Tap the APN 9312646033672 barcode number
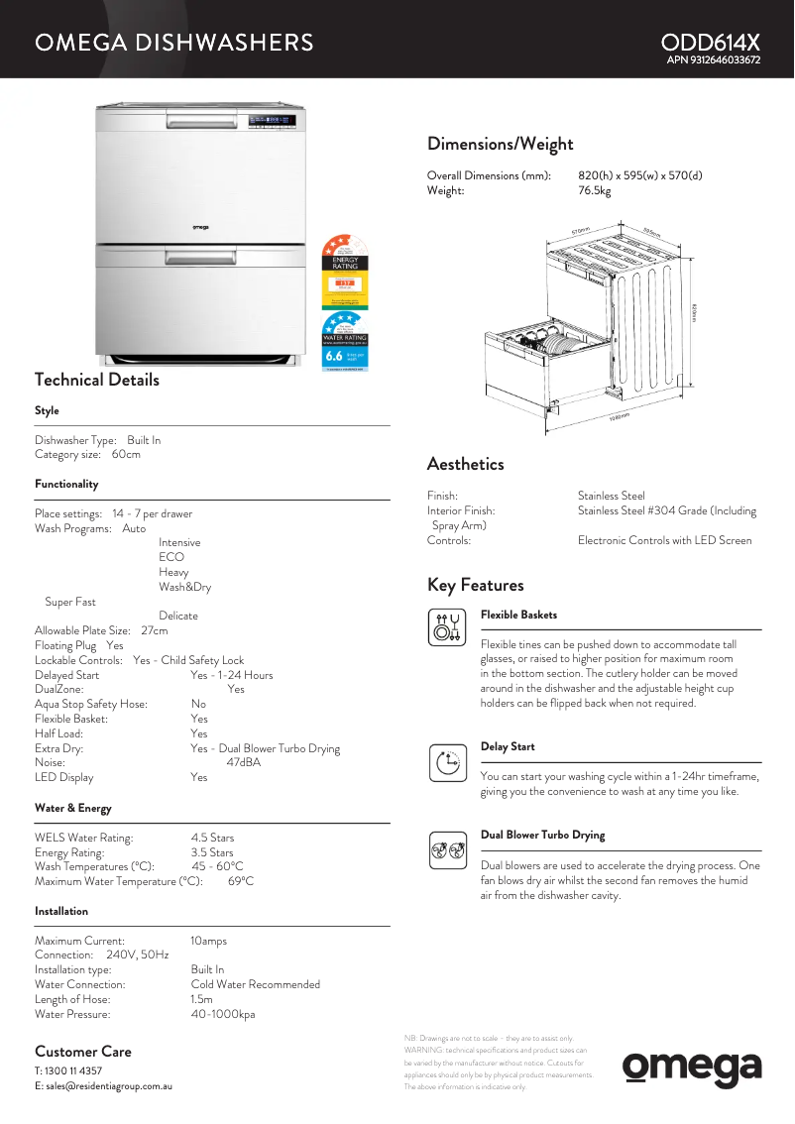click(714, 60)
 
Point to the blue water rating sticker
click(345, 342)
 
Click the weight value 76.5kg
click(594, 190)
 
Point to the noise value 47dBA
click(243, 763)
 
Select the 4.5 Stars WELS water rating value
click(212, 838)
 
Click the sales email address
click(109, 1086)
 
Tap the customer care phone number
click(73, 1071)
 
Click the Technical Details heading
click(96, 380)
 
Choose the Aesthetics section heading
click(465, 464)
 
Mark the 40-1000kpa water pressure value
click(222, 1014)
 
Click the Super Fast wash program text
click(70, 602)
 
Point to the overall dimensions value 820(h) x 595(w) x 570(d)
click(639, 175)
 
